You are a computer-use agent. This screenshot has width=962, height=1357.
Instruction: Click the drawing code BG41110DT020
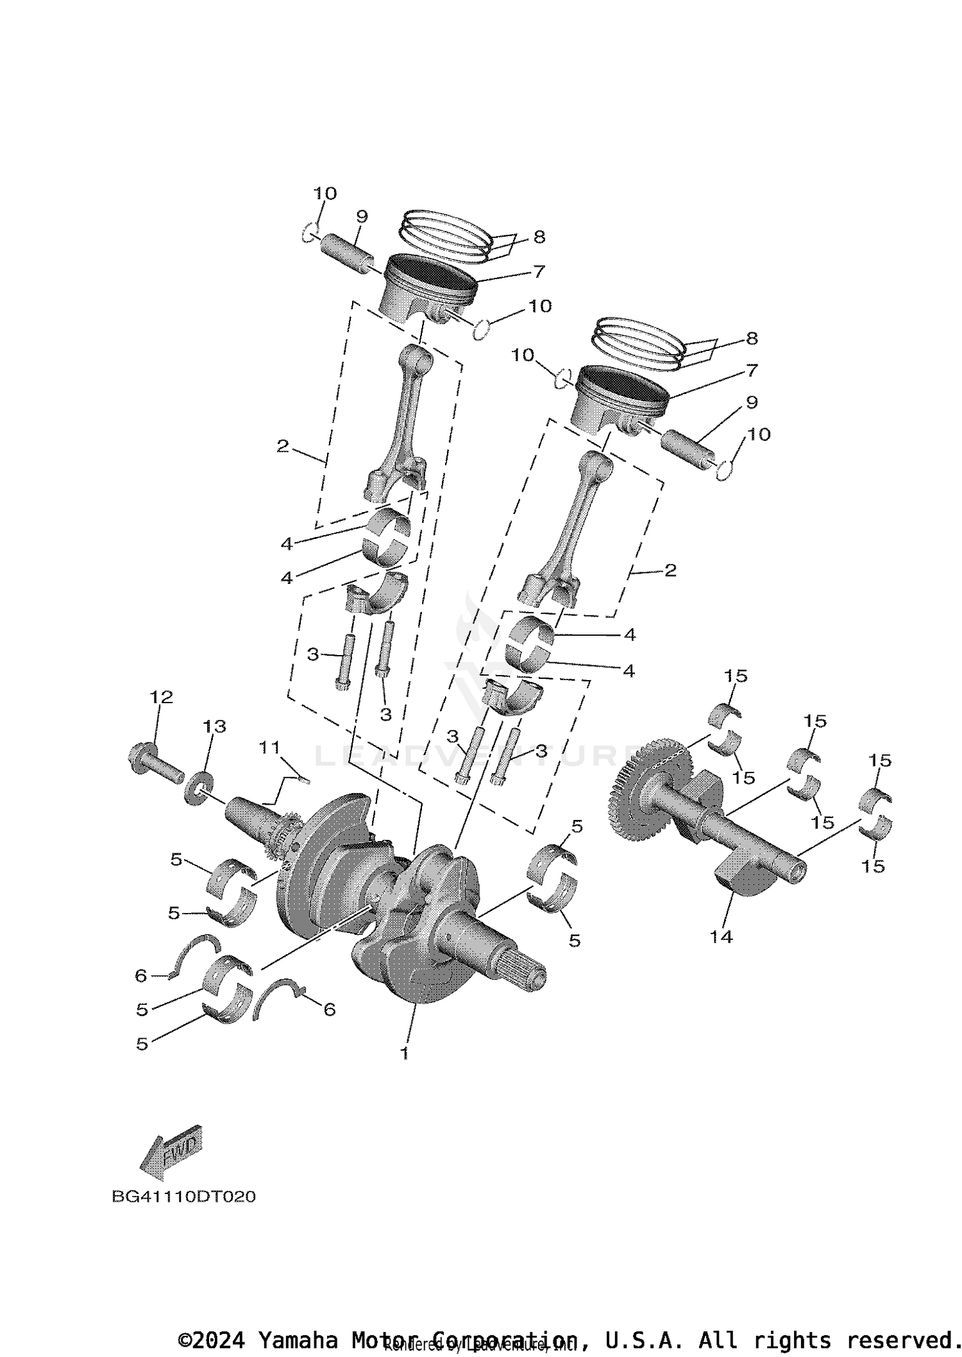pos(184,1197)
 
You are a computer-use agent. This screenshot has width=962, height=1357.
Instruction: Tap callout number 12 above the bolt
pos(162,697)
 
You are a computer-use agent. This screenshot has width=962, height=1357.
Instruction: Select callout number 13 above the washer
pos(215,726)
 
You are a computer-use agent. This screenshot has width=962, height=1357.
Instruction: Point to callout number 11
pos(269,747)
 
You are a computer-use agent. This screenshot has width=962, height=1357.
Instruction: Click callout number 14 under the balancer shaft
pos(721,937)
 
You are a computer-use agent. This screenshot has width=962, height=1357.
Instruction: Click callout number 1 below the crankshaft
pos(404,1053)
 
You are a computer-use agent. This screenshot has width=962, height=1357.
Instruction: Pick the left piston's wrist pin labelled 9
pos(346,255)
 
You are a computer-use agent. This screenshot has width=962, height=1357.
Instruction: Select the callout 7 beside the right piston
pos(752,370)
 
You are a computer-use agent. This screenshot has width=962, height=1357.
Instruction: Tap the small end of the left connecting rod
pos(417,358)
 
